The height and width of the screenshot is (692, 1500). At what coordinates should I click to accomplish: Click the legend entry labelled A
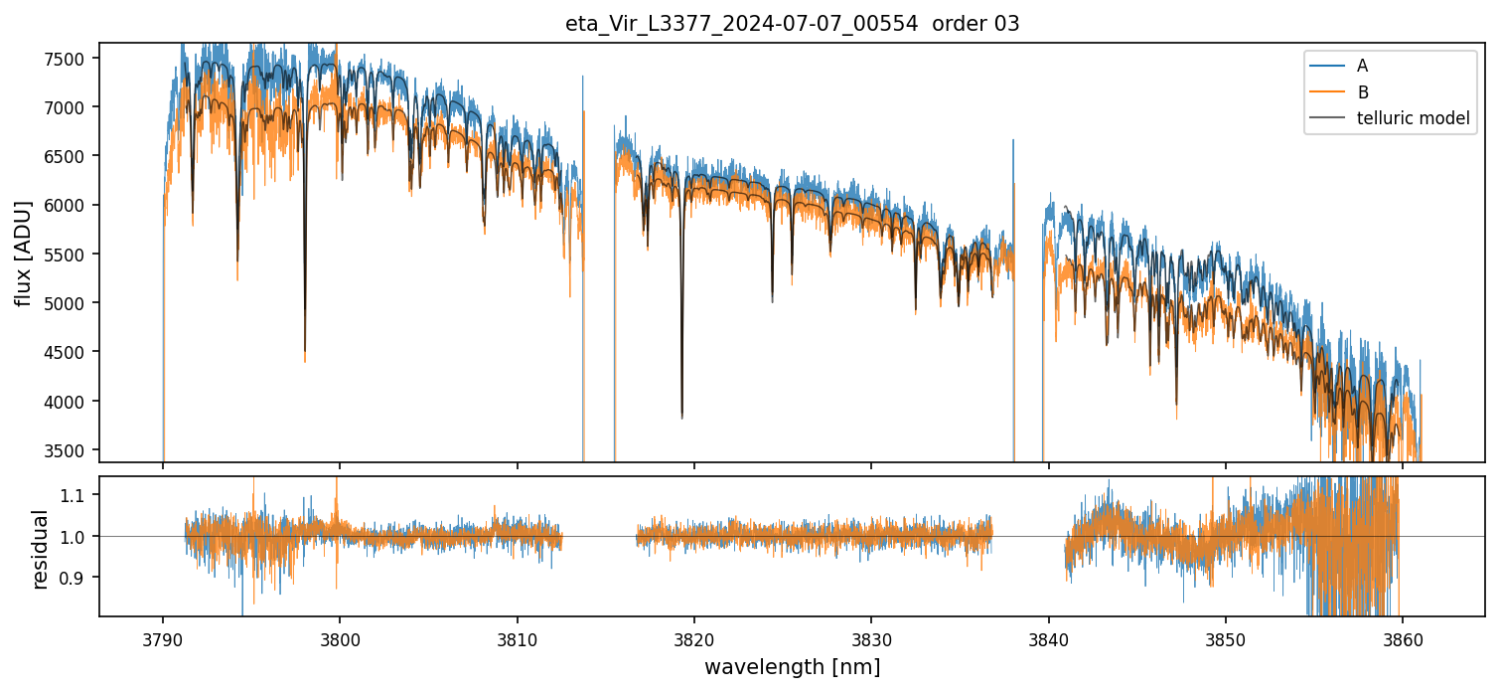click(1362, 66)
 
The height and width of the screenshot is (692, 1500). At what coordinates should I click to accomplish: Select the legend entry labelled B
click(1362, 92)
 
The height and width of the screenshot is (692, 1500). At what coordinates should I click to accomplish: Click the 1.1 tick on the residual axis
click(76, 495)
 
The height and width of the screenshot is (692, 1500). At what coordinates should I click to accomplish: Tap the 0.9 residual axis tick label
click(76, 578)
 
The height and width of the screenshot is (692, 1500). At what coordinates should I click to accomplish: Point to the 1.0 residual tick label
click(76, 537)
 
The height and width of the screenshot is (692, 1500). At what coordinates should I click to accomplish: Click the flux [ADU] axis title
click(23, 253)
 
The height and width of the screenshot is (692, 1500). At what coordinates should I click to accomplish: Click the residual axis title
click(41, 549)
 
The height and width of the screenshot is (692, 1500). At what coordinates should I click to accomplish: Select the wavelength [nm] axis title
click(792, 667)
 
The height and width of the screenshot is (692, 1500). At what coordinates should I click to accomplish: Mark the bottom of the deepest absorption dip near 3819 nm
click(681, 417)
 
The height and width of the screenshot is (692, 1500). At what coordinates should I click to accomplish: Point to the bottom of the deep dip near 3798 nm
click(305, 361)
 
